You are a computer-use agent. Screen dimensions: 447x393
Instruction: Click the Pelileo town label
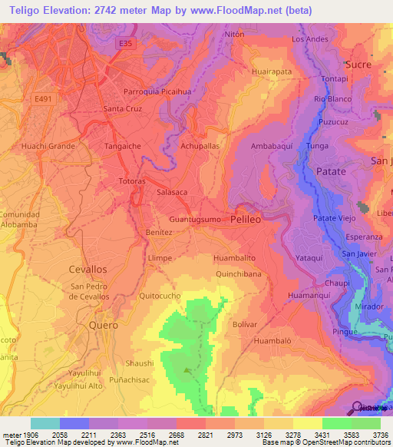point(246,220)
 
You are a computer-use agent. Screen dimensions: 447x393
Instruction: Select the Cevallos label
point(88,270)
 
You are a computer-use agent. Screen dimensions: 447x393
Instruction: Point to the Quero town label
point(103,325)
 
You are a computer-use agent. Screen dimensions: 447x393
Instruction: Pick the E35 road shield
point(125,45)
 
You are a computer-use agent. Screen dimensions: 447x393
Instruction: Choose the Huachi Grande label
point(48,145)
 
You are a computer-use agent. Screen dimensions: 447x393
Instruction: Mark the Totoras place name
point(132,180)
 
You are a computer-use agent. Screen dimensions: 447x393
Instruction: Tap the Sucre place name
point(358,64)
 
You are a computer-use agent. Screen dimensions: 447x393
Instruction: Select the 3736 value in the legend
point(380,435)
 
